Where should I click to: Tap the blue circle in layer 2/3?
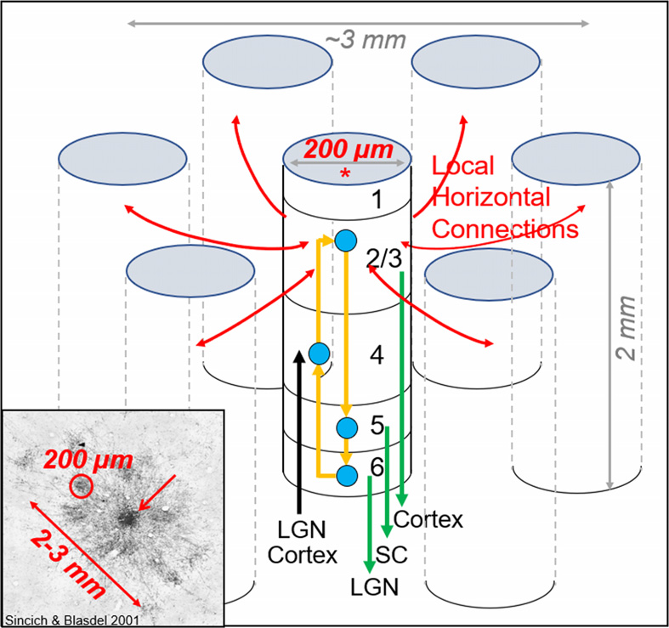click(344, 240)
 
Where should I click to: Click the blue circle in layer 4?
click(319, 352)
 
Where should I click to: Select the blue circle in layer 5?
click(346, 427)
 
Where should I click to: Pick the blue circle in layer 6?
click(346, 474)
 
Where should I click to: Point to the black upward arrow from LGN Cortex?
click(298, 425)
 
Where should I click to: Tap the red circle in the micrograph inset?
click(81, 486)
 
